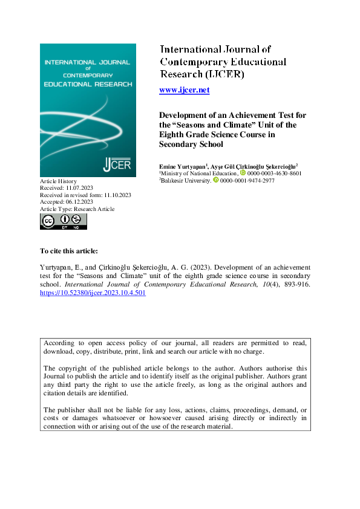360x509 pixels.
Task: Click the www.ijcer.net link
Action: coord(184,90)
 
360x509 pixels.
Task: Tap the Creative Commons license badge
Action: coord(64,221)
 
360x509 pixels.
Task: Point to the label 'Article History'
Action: coord(59,181)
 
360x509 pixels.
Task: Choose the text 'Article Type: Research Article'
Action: coord(77,209)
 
